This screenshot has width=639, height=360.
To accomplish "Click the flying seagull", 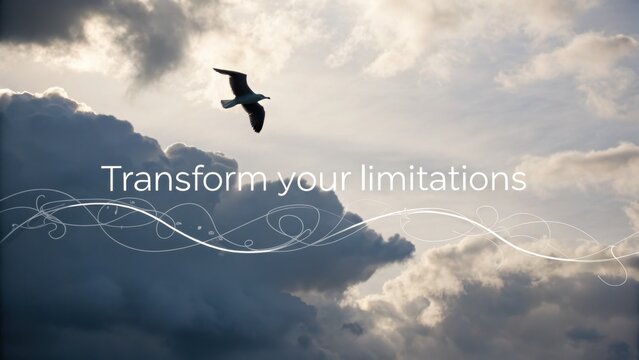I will point(244,98).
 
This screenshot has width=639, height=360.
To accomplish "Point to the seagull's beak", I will point(267,98).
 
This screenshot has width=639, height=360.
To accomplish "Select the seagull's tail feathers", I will point(227,102).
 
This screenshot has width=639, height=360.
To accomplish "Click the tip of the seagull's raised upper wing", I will point(217,70).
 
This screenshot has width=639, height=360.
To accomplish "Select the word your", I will point(309,181).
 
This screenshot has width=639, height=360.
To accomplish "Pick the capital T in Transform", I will point(111,179).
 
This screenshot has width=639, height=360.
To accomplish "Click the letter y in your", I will point(285,183).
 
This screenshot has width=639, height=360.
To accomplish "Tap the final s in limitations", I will point(519,181).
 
